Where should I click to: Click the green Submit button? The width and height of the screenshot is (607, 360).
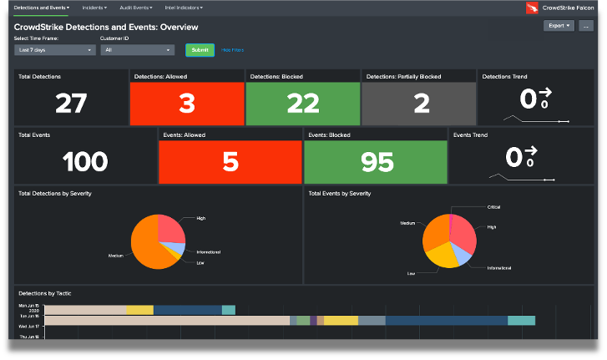click(200, 50)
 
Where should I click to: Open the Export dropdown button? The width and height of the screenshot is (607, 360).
click(558, 26)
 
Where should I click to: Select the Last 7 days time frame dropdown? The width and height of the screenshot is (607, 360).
click(55, 50)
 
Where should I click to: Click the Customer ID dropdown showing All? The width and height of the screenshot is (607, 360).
click(137, 50)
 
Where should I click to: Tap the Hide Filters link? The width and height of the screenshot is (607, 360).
click(233, 50)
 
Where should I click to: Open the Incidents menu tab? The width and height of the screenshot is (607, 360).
click(94, 8)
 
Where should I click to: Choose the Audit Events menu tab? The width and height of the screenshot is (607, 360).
click(136, 8)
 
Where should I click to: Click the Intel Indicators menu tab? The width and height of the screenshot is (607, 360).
click(182, 8)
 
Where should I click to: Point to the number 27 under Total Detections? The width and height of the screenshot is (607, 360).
click(71, 103)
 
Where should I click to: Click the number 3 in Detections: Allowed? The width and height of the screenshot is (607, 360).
click(186, 103)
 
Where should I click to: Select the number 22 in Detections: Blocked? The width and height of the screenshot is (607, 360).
click(302, 103)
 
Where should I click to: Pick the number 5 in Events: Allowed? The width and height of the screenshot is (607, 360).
click(230, 161)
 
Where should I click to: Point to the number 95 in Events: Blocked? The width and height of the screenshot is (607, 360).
click(377, 161)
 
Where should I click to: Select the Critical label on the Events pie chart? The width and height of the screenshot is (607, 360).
click(493, 206)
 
